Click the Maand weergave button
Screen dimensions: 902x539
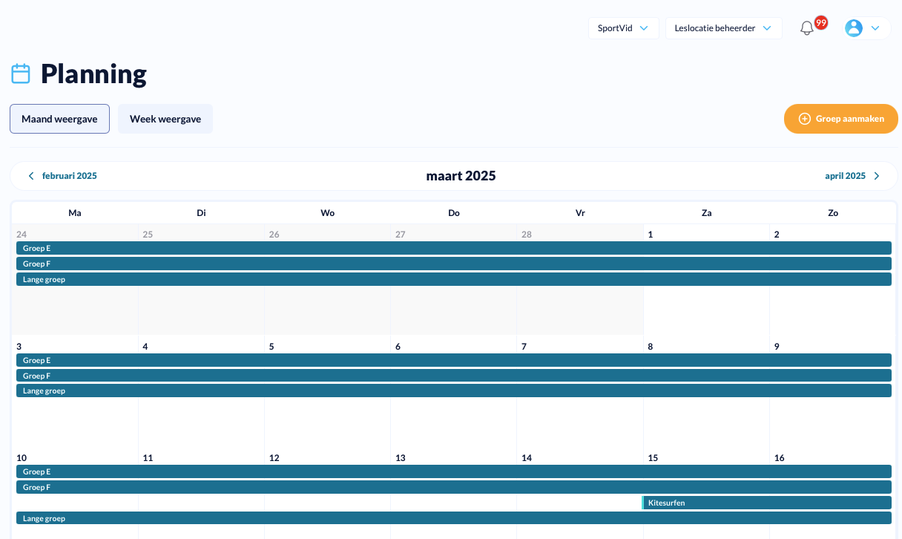point(59,119)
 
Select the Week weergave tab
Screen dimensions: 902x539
point(165,119)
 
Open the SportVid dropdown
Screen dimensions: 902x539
point(623,28)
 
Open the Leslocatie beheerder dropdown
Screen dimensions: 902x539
point(724,28)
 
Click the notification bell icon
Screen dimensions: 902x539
point(806,28)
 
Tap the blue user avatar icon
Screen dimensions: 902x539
point(854,28)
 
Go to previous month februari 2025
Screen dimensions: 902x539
point(62,176)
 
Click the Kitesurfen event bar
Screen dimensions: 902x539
point(766,503)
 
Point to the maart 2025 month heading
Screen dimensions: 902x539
point(461,176)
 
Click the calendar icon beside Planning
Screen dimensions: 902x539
point(21,73)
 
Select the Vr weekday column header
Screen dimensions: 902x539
point(580,213)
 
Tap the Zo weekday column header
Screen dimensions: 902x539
point(833,213)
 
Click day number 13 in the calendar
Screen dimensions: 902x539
point(401,458)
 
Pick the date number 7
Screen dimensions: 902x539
point(524,347)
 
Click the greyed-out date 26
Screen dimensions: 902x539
point(274,235)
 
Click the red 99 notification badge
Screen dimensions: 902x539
point(821,22)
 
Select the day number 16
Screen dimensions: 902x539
point(779,458)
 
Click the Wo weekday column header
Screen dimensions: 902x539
point(327,213)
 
